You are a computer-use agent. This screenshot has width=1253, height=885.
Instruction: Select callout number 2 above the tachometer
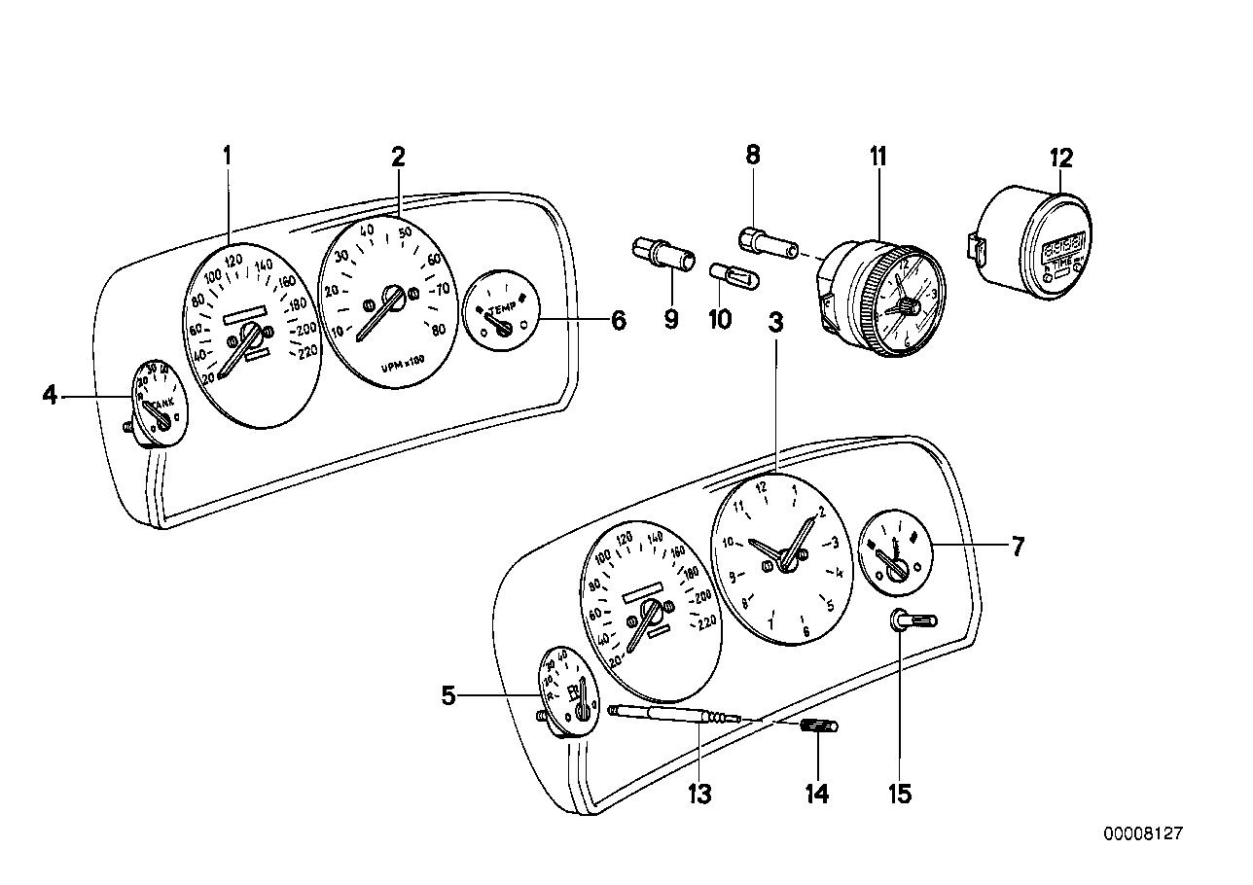tap(398, 157)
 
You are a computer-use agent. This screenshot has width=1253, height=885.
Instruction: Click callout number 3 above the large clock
tap(775, 326)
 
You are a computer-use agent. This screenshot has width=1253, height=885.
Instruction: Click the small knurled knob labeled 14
tap(820, 726)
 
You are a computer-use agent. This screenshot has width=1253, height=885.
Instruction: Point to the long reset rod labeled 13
tap(671, 716)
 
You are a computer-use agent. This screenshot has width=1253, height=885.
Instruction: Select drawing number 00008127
tap(1142, 833)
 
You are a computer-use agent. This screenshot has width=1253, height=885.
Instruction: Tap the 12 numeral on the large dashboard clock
tap(763, 487)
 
